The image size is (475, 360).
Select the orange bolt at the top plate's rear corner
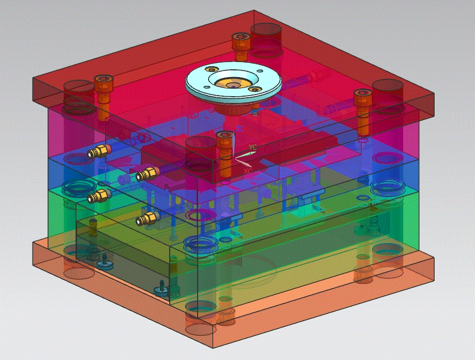pos(240,47)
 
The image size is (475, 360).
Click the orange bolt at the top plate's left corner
pos(103,97)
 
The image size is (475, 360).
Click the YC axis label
pos(253,147)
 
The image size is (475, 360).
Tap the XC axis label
pos(248,171)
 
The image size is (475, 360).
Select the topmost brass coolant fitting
pos(99,151)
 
